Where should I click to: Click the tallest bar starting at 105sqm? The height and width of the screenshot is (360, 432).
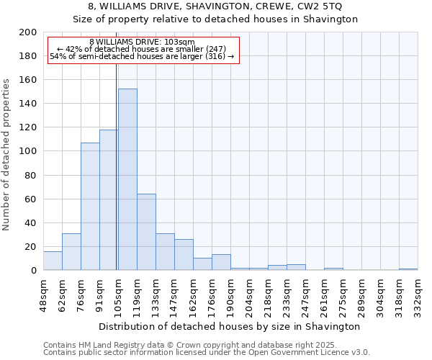coord(127,179)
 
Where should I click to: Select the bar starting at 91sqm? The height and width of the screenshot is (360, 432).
coord(109,199)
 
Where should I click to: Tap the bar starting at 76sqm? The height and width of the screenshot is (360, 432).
coord(90,206)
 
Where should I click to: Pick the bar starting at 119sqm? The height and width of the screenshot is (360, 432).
coord(146,232)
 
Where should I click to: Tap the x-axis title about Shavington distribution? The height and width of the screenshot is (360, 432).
coord(230,326)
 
